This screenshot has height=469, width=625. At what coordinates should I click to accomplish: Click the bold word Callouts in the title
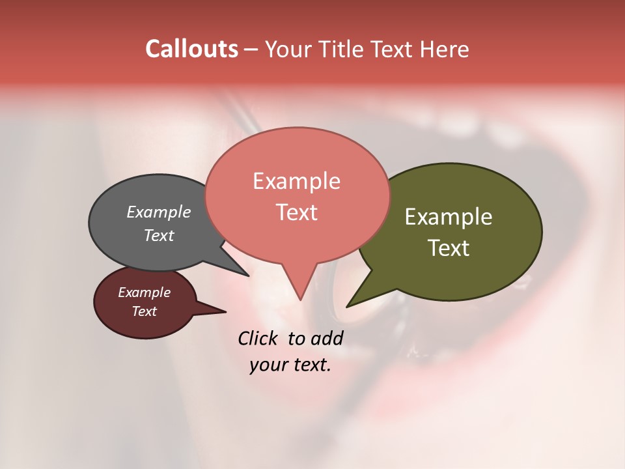(191, 49)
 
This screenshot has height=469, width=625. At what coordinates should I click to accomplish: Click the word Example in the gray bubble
(159, 212)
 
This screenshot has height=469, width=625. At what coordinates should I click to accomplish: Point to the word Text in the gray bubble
(159, 235)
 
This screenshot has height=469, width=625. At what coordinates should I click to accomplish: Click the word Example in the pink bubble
(296, 181)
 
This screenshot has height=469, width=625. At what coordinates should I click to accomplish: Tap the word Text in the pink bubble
(296, 212)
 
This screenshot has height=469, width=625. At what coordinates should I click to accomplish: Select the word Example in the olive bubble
(449, 217)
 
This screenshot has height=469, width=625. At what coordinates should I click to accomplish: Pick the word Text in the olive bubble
(449, 248)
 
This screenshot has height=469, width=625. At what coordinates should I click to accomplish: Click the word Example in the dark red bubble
(145, 292)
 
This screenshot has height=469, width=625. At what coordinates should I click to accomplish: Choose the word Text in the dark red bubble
(145, 311)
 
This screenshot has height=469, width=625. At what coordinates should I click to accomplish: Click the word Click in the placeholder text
(258, 338)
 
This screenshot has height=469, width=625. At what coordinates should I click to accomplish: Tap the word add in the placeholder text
(327, 338)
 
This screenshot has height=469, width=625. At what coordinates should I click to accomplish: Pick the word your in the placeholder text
(266, 365)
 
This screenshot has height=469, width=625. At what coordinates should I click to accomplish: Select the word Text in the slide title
(393, 49)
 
